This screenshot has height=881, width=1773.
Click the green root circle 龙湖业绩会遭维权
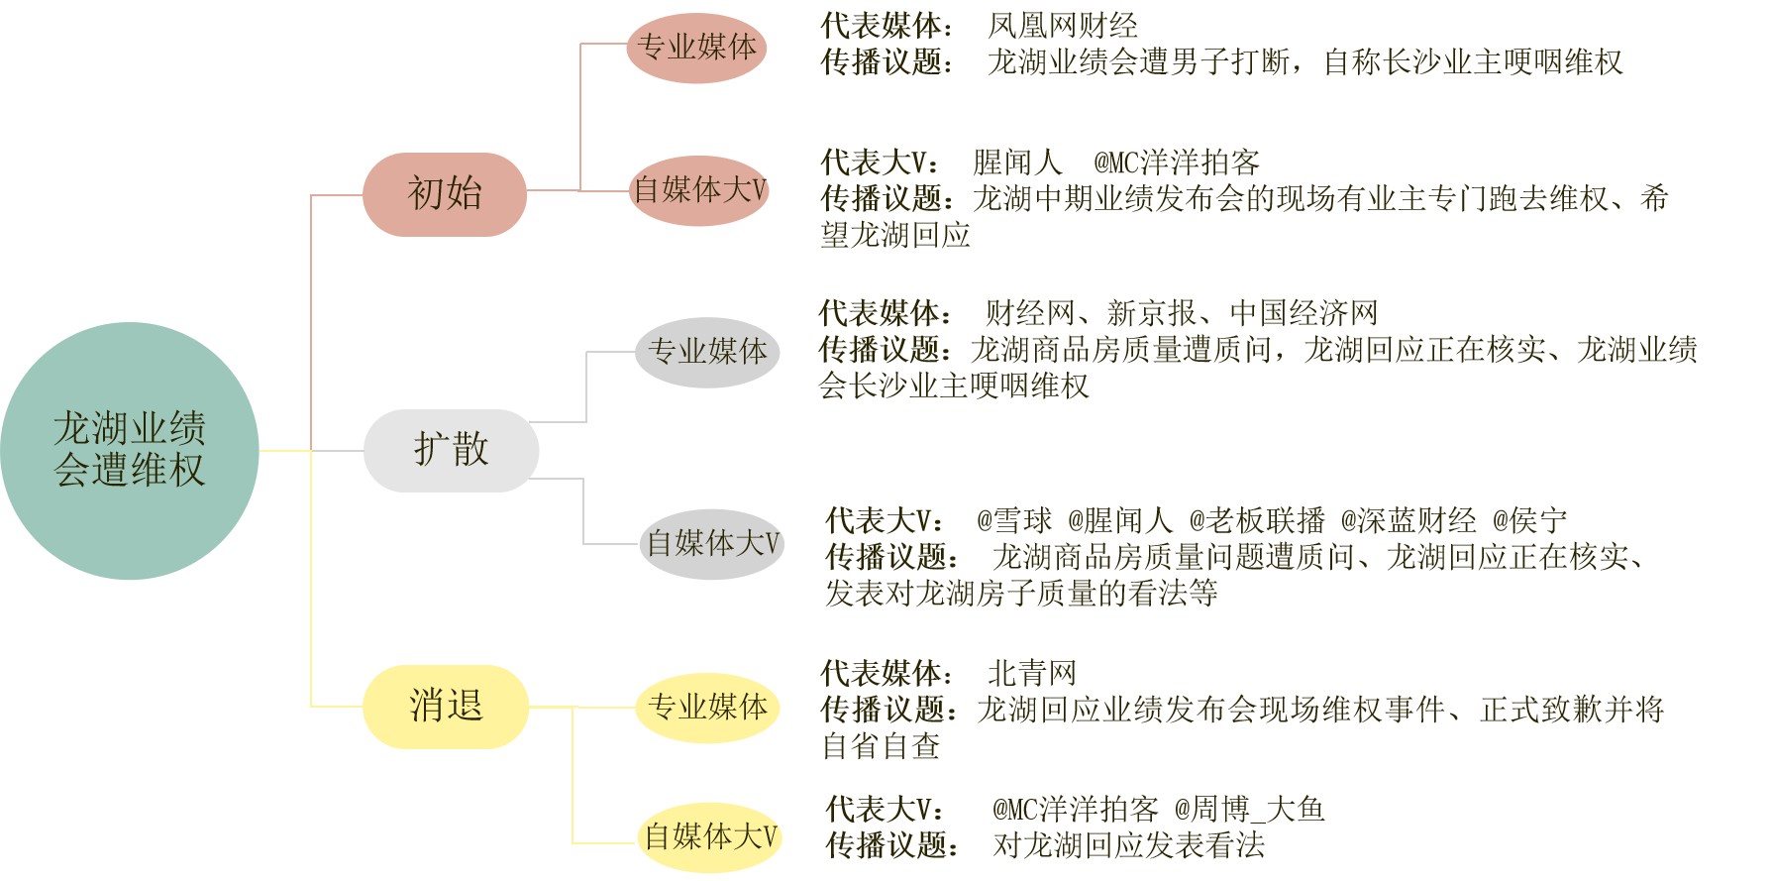pos(130,451)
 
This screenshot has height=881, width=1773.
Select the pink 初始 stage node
pos(445,194)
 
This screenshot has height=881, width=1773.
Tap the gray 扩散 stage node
pos(452,451)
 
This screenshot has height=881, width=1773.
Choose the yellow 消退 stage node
pos(446,707)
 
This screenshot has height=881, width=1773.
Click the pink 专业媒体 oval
pos(696,48)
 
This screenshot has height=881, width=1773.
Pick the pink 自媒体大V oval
pos(699,190)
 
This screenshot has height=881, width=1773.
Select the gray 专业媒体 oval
pos(707,352)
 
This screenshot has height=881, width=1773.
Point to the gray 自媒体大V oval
pos(712,544)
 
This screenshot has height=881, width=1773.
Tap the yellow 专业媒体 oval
pos(707,708)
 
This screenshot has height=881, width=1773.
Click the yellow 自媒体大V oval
pos(710,837)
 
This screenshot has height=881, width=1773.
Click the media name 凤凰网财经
pos(1063,26)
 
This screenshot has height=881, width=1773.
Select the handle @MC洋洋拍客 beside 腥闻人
pos(1177,163)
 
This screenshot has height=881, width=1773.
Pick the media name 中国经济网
pos(1304,314)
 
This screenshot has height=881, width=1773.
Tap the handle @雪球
pos(1014,521)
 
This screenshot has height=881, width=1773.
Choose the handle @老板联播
pos(1257,521)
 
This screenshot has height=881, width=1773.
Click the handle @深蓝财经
pos(1408,521)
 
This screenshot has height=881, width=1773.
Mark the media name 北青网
pos(1032,674)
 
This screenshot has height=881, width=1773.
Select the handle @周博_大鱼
pos(1250,810)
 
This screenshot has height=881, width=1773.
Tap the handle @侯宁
pos(1530,521)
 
